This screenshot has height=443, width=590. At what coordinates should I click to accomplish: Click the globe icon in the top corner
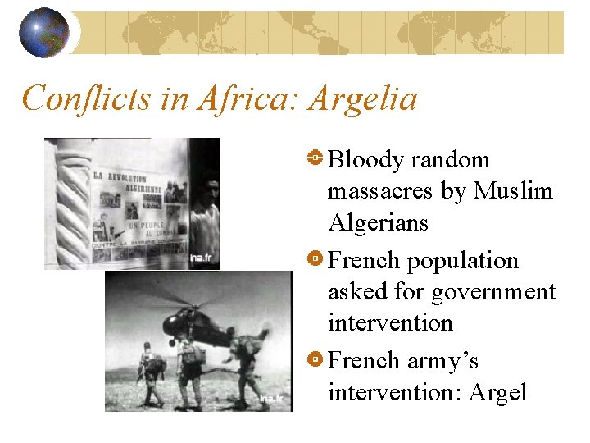pos(43,34)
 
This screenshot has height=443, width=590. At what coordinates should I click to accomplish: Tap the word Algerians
pos(378,222)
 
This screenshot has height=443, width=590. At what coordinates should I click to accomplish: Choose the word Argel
pos(497,393)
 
